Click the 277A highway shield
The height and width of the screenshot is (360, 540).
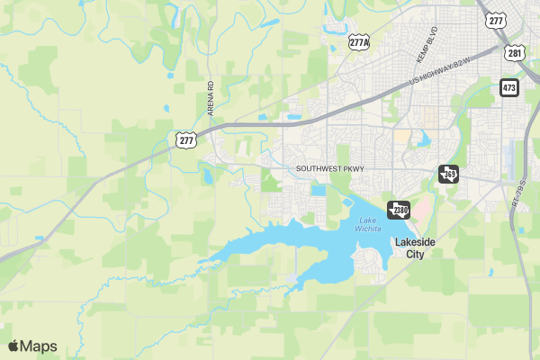(x=359, y=41)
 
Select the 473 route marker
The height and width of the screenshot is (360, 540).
(x=509, y=87)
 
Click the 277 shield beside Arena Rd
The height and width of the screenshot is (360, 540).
(x=186, y=139)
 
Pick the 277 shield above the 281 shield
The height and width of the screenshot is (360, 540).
(x=494, y=20)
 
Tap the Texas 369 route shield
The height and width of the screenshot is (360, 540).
(x=447, y=174)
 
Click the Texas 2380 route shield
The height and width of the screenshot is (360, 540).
(x=399, y=211)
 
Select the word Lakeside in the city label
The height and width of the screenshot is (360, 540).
(x=414, y=243)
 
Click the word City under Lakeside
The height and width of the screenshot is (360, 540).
(x=414, y=255)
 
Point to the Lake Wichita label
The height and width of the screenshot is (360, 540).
(x=366, y=225)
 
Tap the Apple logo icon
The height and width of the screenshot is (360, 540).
(x=13, y=346)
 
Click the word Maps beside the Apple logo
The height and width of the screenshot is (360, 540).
(x=39, y=346)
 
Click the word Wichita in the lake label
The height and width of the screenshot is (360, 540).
(x=366, y=229)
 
